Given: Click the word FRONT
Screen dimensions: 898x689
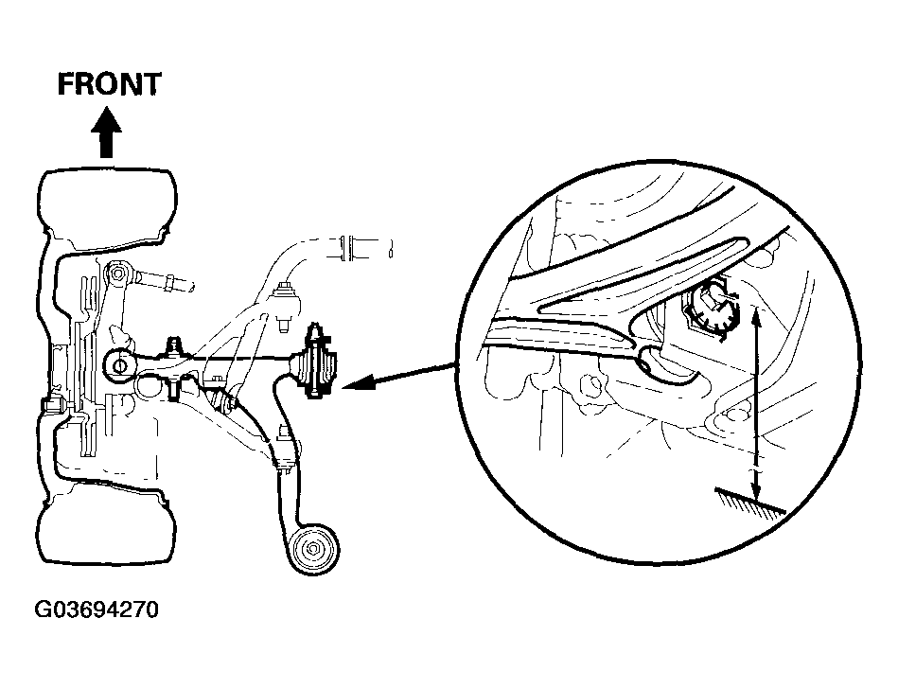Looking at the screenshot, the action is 109,84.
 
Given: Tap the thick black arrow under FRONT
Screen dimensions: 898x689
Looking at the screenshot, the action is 106,132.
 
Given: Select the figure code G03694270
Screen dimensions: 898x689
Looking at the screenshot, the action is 97,609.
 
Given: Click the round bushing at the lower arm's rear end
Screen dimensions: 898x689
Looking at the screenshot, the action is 314,548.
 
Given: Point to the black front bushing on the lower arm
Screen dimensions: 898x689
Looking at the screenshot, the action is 314,362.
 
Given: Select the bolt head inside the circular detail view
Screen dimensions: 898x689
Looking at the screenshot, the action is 710,307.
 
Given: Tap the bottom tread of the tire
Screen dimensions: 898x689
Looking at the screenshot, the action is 107,528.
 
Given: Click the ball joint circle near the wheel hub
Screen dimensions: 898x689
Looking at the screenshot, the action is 119,364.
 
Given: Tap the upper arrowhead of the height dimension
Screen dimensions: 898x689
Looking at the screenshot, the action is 757,314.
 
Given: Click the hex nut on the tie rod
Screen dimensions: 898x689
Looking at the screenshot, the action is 169,282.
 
